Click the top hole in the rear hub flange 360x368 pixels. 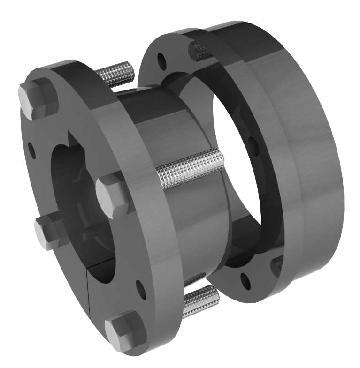[x=161, y=60]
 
